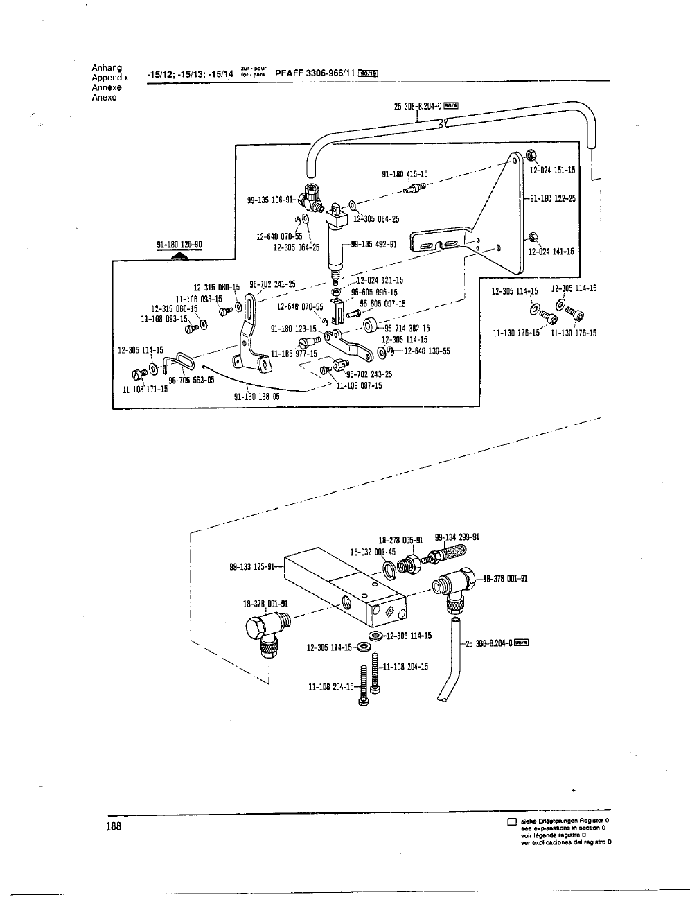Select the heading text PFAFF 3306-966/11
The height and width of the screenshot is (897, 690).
coord(315,72)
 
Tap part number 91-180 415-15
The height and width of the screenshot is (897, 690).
coord(405,175)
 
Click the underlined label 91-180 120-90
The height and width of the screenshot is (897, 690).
coord(179,245)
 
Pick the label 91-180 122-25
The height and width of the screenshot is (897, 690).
coord(553,198)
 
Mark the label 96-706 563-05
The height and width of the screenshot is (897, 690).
coord(191,380)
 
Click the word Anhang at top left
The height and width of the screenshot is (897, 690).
coord(107,68)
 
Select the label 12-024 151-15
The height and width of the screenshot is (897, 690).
coord(552,170)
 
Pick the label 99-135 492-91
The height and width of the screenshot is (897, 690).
coord(373,244)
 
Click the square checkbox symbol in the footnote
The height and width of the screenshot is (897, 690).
coord(512,822)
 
